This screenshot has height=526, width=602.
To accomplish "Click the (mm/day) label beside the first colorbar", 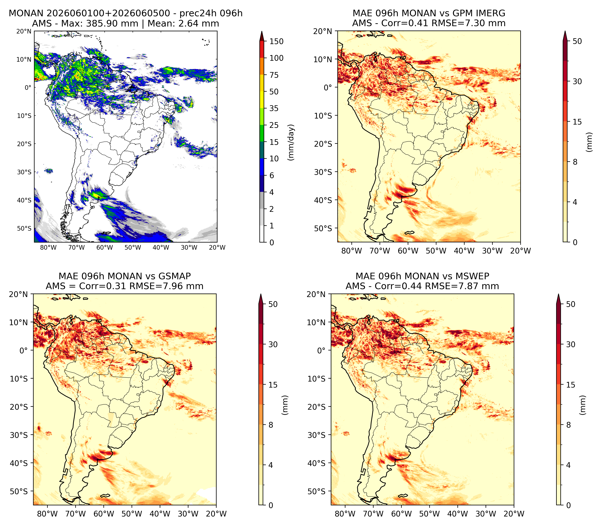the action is tap(291, 142).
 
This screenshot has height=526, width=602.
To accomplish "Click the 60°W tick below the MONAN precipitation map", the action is tap(105, 247).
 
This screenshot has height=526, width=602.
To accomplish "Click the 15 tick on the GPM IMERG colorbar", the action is tap(577, 122).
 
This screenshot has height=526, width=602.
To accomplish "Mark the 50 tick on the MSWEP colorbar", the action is tap(571, 304).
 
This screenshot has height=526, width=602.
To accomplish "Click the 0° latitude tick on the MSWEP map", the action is tap(322, 350).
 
